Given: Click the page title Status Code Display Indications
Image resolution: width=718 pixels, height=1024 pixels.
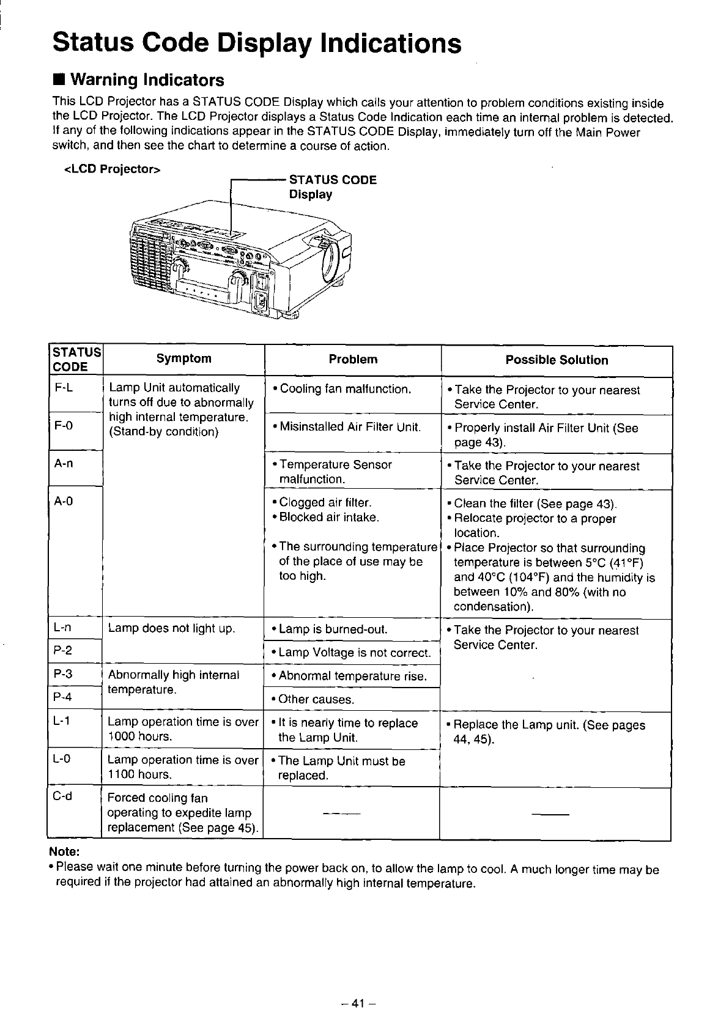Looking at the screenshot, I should [256, 43].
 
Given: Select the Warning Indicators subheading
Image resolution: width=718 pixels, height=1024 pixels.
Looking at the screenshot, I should [146, 80].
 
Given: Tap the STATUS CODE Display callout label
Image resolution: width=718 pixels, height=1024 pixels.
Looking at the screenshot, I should [332, 187].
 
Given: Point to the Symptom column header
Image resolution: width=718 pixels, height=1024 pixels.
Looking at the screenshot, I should [183, 359].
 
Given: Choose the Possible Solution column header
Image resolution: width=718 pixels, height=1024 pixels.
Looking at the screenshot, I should [557, 360].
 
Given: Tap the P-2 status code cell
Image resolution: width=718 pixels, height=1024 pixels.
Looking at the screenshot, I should [64, 651].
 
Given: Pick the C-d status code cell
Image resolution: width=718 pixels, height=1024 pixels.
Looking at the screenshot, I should [63, 796].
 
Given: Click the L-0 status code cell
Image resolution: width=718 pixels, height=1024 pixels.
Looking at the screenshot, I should [63, 759].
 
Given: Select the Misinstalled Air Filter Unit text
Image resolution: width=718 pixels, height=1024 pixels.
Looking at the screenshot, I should [346, 427].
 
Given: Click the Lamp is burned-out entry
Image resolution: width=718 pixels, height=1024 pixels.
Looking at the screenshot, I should [330, 629].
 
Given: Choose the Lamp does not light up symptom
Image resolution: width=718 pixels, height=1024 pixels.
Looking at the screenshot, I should [172, 628].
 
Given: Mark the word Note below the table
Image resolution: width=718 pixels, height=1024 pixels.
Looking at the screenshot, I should [64, 852].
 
